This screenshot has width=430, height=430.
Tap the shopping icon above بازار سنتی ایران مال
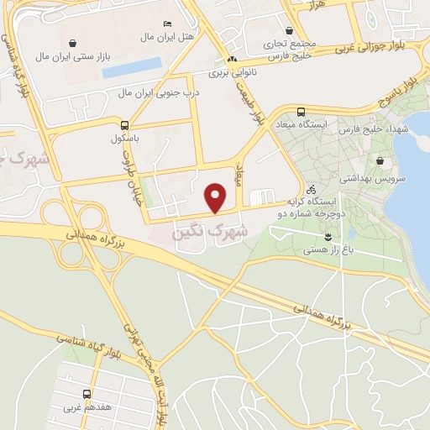click(x=74, y=42)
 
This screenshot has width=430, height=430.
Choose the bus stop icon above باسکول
click(x=125, y=123)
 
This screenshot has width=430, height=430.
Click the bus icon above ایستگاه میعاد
click(x=301, y=111)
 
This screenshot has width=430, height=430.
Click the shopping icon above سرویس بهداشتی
click(x=380, y=161)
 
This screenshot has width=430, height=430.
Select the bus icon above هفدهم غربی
click(x=87, y=394)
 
